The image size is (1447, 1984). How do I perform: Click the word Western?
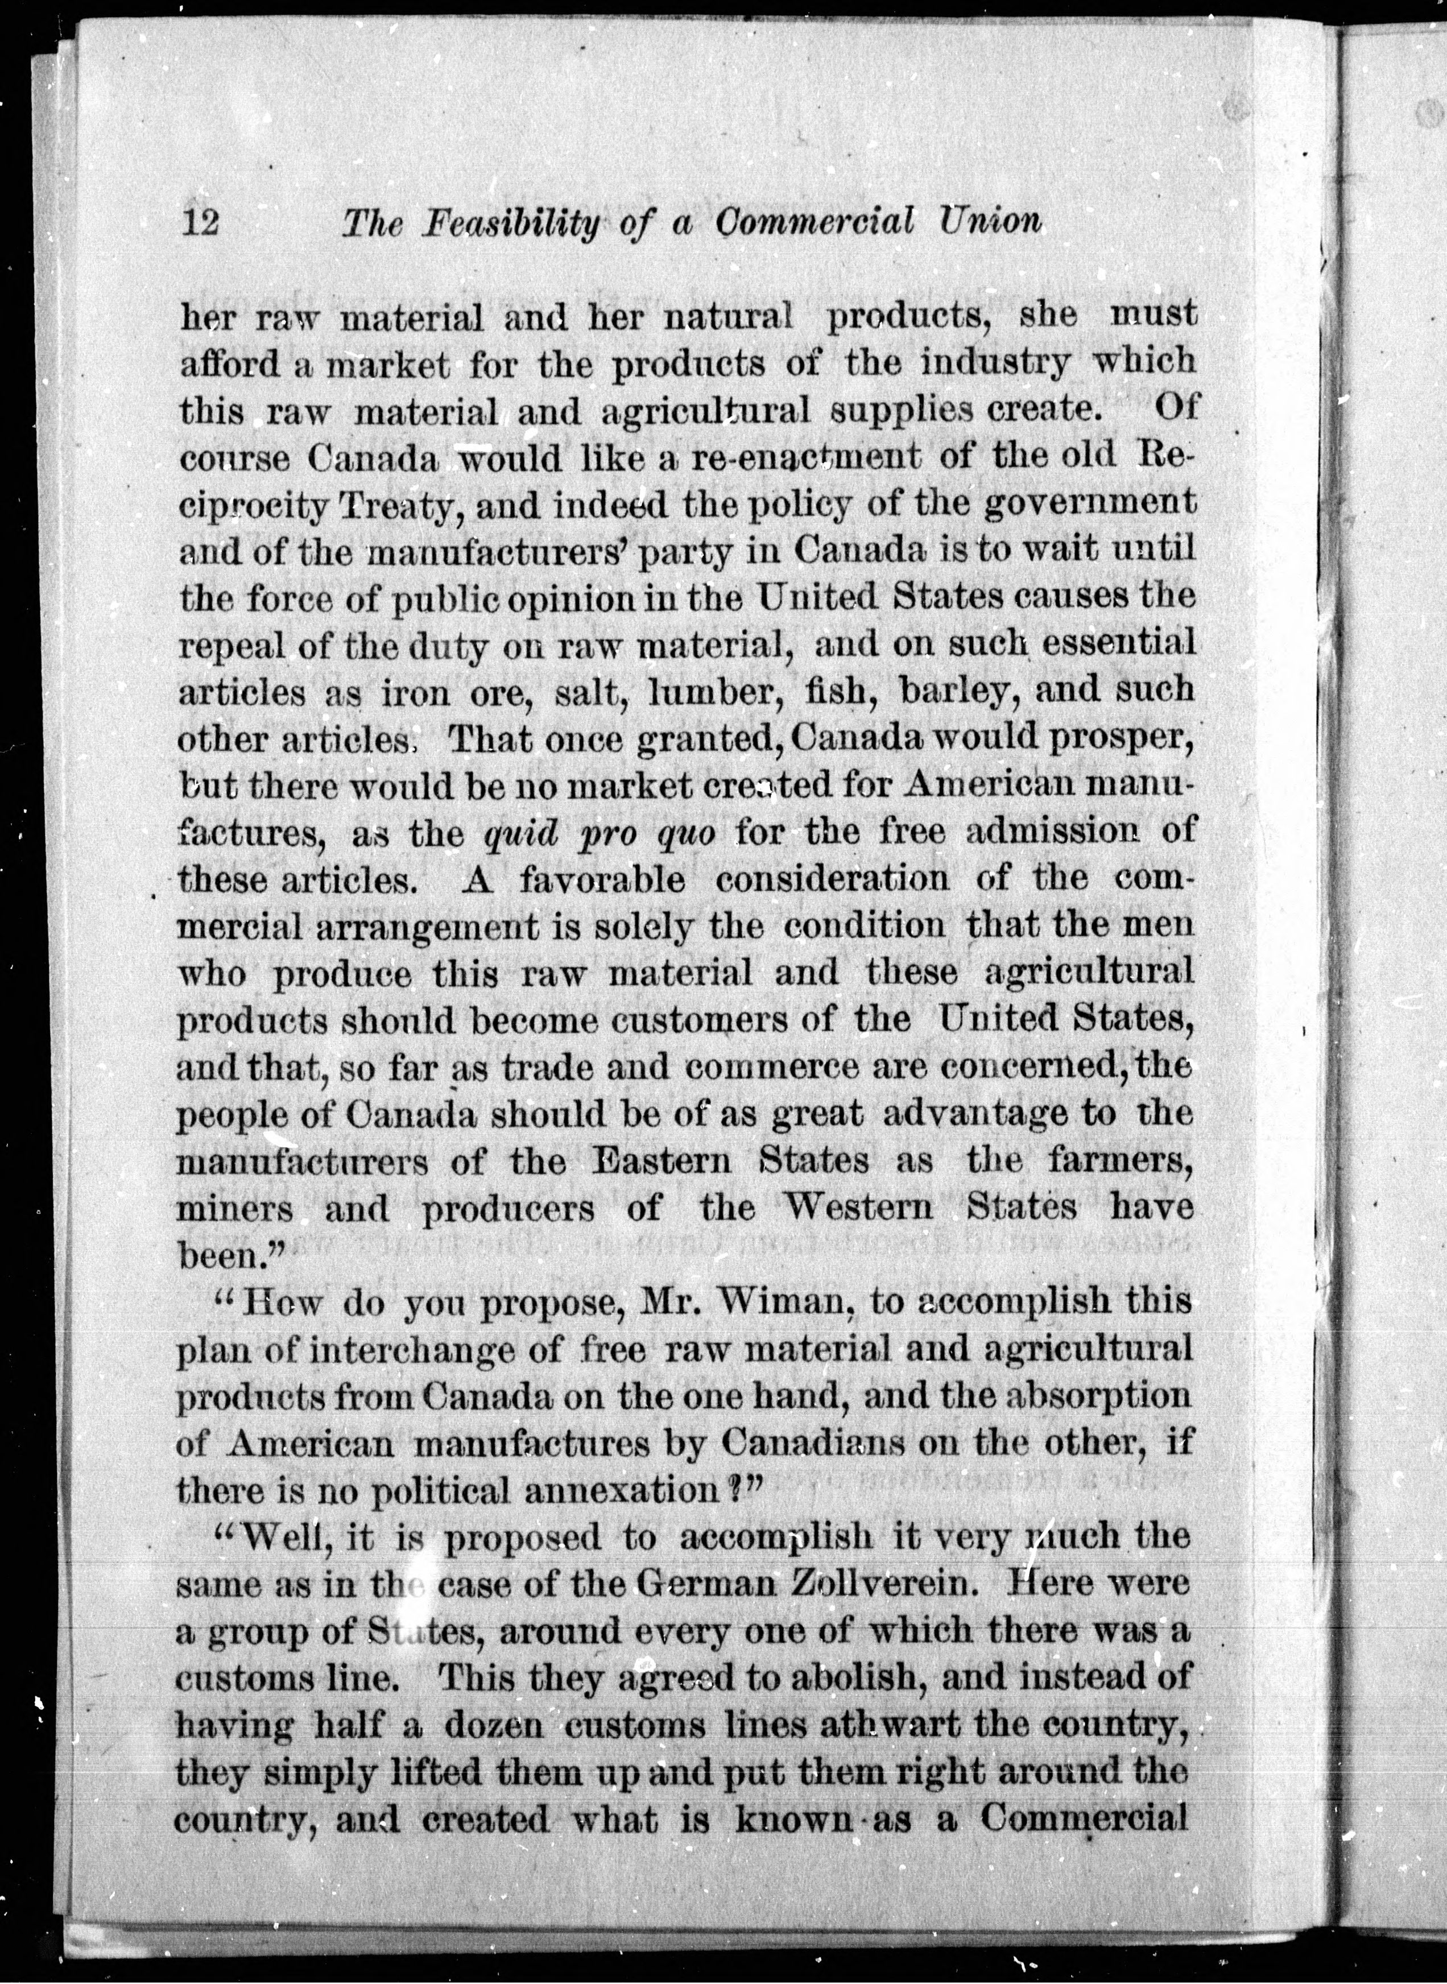click(x=858, y=1208)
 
